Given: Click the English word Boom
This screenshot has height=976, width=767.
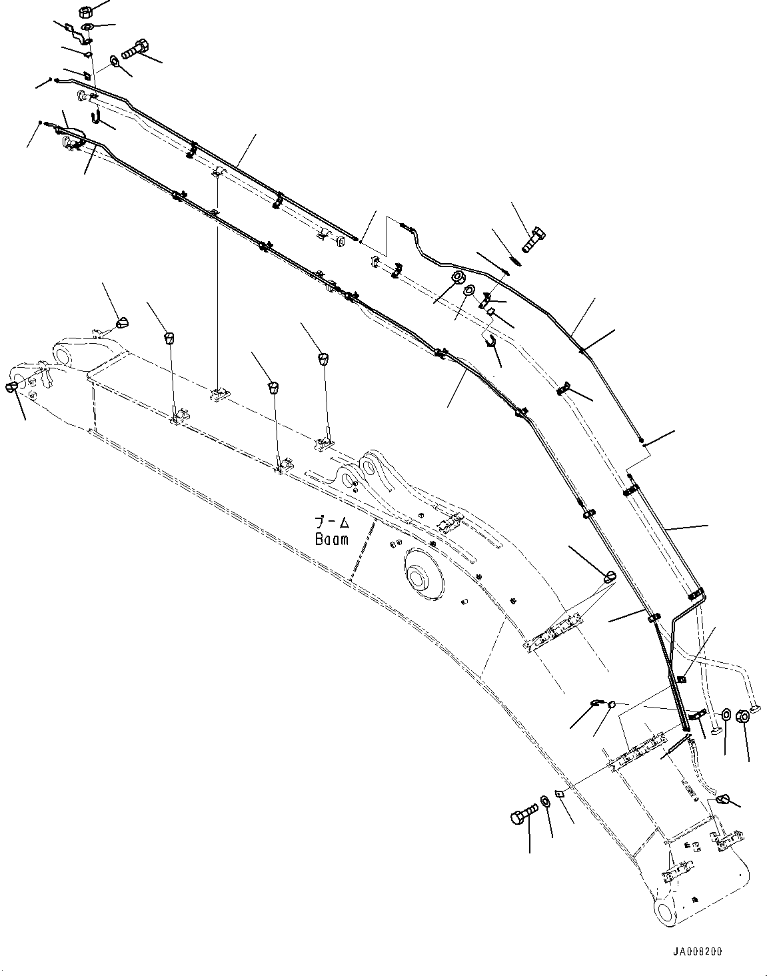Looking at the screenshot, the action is coord(332,540).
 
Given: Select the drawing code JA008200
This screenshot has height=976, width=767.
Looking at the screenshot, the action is coord(697,952).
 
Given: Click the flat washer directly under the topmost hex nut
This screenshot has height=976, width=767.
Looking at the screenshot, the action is coord(88,27).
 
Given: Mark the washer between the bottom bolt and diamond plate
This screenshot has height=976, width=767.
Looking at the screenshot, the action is coord(546,800).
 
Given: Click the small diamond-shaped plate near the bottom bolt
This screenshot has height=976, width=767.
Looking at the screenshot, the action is coord(561,793).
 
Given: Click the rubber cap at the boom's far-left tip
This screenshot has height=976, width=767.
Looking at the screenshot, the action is coord(13,386).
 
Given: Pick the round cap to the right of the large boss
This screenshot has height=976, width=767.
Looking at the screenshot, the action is coord(610,577).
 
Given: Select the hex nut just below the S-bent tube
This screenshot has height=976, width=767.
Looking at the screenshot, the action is coord(458,277).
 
